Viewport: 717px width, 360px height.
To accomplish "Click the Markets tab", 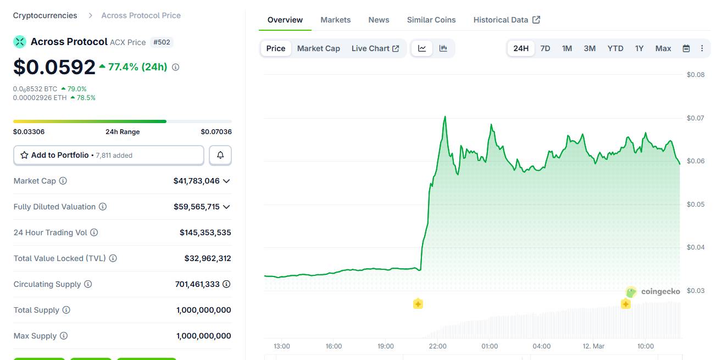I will tap(335, 20).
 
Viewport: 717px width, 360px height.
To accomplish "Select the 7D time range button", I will tap(545, 48).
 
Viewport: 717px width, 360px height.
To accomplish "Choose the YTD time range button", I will tap(615, 48).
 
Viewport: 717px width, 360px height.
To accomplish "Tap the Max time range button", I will tap(663, 48).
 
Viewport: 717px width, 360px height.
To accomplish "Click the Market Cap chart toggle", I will tap(318, 48).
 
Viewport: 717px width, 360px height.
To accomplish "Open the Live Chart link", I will tap(375, 48).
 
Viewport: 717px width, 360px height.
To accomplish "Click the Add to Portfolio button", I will tap(109, 156).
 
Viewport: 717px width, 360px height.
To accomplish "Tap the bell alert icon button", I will tap(220, 156).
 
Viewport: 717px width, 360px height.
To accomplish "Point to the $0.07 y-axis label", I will tap(695, 118).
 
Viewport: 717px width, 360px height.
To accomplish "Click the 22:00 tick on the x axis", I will tap(437, 346).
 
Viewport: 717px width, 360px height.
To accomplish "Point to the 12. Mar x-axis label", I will tap(593, 346).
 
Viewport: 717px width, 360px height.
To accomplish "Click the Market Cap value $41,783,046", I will tap(196, 181).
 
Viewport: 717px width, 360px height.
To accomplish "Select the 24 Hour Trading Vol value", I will tap(205, 232).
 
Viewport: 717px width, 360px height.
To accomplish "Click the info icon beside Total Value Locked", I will tap(113, 258).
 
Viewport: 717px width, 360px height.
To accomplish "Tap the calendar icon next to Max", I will tap(686, 48).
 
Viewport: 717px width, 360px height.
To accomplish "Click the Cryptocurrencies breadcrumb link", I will tap(45, 15).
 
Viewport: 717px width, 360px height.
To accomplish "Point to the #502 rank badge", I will tap(162, 42).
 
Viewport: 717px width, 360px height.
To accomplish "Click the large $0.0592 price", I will tap(54, 67).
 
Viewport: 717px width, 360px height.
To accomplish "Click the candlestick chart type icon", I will tap(443, 48).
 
